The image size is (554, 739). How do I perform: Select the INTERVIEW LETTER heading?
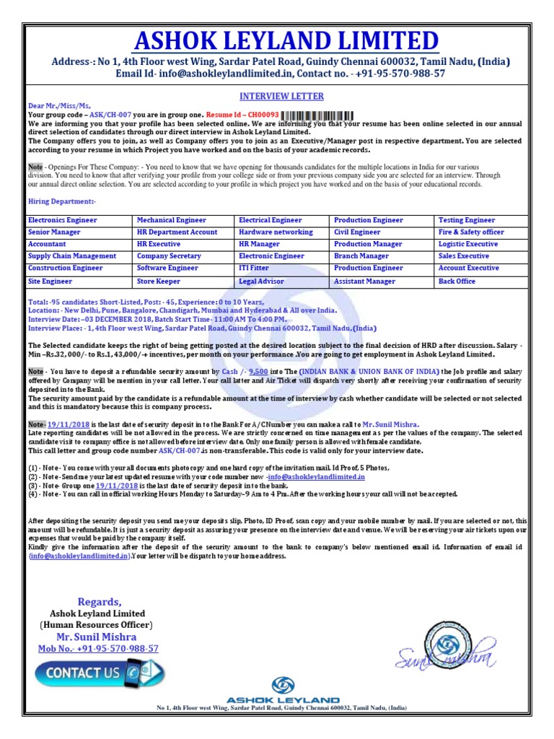(281, 96)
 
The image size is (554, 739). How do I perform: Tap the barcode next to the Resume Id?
(318, 115)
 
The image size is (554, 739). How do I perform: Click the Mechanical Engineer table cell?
(172, 220)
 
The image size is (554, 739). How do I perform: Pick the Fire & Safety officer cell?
(471, 232)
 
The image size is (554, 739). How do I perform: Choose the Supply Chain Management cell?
(72, 256)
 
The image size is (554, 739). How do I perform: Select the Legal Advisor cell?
(262, 281)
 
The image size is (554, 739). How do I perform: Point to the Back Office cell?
(457, 281)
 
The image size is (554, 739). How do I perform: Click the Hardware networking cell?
(276, 232)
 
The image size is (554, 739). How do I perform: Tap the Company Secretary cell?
(169, 256)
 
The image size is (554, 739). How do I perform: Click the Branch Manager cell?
(361, 256)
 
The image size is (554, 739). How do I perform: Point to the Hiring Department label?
(62, 201)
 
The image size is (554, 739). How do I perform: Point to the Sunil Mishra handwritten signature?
(446, 657)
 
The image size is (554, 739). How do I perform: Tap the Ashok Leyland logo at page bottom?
(283, 690)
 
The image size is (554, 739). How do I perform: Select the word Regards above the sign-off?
(99, 602)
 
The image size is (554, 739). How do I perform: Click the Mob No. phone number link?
(98, 649)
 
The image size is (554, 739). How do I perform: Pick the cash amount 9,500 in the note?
(259, 371)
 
